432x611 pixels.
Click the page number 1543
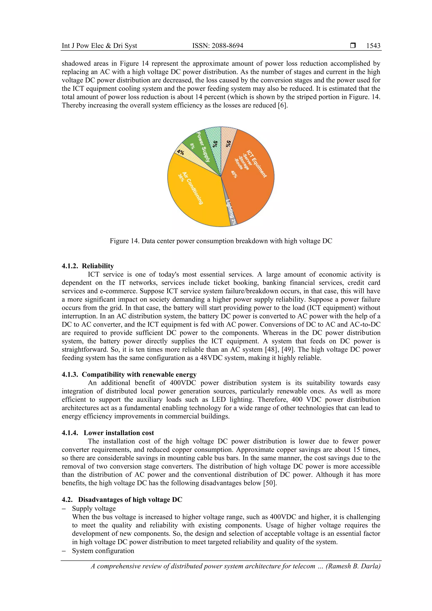[x=373, y=46]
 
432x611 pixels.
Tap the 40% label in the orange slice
[x=234, y=174]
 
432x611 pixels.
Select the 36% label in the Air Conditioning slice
[x=181, y=177]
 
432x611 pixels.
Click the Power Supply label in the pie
[x=203, y=147]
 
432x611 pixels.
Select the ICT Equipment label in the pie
[x=256, y=164]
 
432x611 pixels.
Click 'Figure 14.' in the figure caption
[x=125, y=241]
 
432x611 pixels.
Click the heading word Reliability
[x=98, y=266]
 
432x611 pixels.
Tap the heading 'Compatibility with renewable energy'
[x=139, y=374]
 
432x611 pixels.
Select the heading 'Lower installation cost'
[x=119, y=433]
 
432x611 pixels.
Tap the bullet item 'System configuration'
[x=103, y=551]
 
